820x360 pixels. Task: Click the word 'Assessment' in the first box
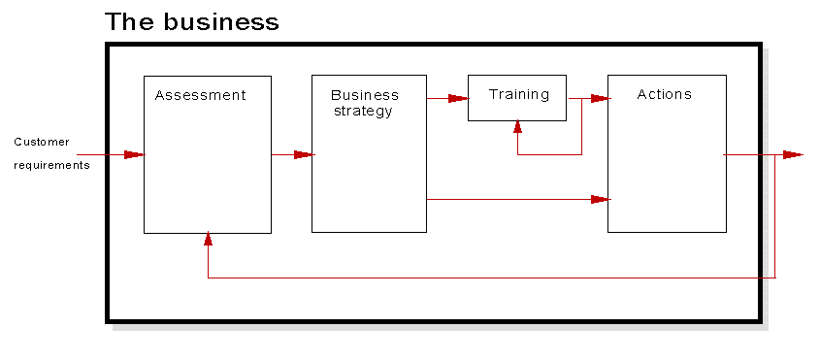200,95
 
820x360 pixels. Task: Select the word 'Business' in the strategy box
364,95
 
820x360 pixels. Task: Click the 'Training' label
518,94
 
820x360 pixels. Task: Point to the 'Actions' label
664,94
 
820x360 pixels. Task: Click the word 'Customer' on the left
41,142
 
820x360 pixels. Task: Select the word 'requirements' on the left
51,165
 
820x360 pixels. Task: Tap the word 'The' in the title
126,21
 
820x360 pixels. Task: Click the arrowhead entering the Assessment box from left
134,154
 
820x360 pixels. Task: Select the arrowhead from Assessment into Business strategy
304,154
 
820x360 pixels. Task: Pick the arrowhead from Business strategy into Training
458,98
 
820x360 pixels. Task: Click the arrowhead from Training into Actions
600,98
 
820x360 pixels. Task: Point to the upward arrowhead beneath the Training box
517,127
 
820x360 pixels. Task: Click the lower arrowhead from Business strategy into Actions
600,200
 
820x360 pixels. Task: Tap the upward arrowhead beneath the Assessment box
208,239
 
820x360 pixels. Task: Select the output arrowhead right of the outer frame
793,154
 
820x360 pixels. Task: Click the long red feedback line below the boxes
485,278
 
